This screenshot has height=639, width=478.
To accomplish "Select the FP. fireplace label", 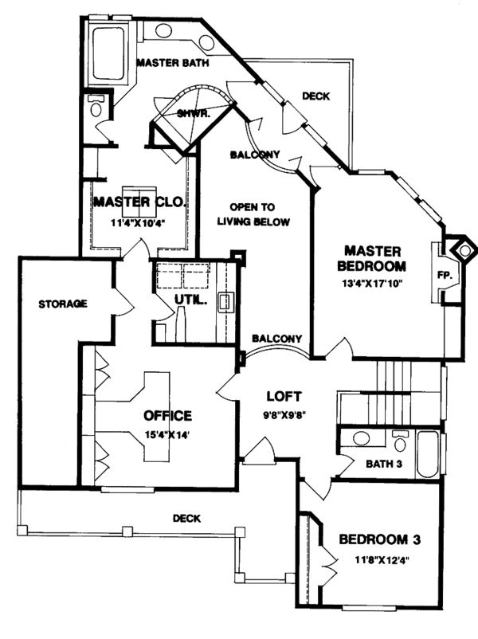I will [x=445, y=275].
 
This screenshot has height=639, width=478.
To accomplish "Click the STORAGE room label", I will [x=62, y=304].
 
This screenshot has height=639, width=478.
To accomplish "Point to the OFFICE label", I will [x=167, y=415].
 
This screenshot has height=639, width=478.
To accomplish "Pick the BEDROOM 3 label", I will [x=379, y=539].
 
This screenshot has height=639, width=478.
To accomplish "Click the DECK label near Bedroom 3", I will [x=186, y=518].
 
